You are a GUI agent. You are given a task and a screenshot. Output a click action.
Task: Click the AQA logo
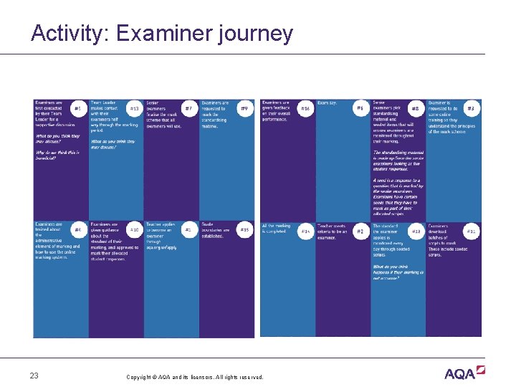pyautogui.click(x=464, y=373)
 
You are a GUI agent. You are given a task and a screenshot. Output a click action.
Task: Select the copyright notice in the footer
pyautogui.click(x=194, y=377)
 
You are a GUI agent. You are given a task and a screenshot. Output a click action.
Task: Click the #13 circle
pyautogui.click(x=134, y=109)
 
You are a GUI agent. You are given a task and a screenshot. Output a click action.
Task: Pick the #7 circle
pyautogui.click(x=188, y=109)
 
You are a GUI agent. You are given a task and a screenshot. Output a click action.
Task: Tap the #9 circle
pyautogui.click(x=244, y=109)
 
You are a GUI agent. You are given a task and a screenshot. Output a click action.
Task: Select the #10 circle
pyautogui.click(x=134, y=230)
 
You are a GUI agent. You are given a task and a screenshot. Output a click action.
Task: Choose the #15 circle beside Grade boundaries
pyautogui.click(x=244, y=230)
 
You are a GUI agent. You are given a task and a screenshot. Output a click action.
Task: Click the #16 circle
pyautogui.click(x=305, y=109)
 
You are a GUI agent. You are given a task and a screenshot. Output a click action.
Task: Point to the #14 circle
pyautogui.click(x=305, y=231)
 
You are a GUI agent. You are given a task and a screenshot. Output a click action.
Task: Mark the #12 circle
pyautogui.click(x=416, y=231)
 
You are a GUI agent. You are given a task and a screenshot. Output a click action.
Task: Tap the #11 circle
pyautogui.click(x=471, y=231)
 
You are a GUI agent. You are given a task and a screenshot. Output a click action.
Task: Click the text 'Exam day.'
pyautogui.click(x=327, y=103)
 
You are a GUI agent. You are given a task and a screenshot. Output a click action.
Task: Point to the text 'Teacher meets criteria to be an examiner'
pyautogui.click(x=332, y=231)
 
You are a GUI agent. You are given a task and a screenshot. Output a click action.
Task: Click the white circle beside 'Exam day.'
pyautogui.click(x=360, y=109)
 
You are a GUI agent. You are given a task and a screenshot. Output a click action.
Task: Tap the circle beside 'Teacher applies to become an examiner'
pyautogui.click(x=188, y=230)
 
